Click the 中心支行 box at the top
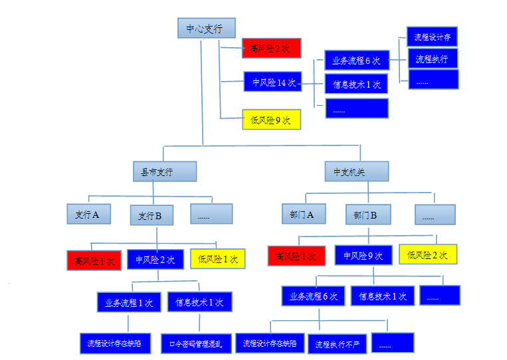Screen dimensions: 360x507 tap(206, 29)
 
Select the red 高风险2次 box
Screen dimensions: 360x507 tap(271, 48)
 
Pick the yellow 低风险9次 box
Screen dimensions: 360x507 tap(271, 120)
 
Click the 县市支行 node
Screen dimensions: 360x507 tap(164, 171)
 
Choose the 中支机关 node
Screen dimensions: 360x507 tap(356, 171)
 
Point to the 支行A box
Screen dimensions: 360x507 tap(88, 214)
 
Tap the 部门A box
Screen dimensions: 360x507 tap(304, 214)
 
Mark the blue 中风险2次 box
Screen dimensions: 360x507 tap(155, 259)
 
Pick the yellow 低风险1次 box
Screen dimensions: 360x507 tap(218, 258)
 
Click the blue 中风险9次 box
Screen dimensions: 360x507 tap(363, 255)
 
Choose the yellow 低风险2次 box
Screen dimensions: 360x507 tap(428, 254)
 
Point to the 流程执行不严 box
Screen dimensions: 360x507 tap(337, 343)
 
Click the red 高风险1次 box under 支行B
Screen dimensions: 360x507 tap(94, 260)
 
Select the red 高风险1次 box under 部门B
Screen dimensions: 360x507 tap(296, 256)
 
